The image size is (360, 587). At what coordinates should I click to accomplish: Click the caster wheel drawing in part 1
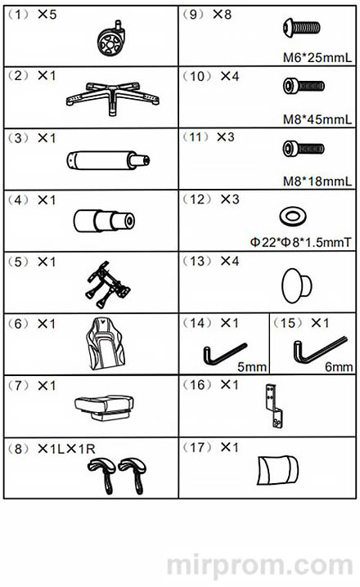111,38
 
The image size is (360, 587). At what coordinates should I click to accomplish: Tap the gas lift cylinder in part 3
108,160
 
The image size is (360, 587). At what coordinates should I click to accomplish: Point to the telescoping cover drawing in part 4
104,221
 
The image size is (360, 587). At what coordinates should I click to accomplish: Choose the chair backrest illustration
106,343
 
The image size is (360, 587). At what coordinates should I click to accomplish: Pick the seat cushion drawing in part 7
104,407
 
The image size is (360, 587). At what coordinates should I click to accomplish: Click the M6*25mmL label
317,58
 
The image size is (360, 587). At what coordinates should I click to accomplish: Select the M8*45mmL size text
317,119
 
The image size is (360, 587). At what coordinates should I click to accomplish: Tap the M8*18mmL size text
317,181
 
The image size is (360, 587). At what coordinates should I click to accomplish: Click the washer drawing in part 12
293,217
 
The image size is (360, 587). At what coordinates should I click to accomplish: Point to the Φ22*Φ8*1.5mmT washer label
301,243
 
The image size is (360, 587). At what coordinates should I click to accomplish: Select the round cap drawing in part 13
296,285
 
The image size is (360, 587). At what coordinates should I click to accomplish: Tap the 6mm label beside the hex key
339,367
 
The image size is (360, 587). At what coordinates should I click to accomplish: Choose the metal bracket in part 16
274,406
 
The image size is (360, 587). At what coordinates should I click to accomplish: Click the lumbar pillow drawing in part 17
277,470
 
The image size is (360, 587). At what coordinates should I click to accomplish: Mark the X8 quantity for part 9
223,15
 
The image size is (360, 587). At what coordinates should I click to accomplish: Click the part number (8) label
18,449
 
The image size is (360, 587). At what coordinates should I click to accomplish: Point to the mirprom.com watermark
259,565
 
